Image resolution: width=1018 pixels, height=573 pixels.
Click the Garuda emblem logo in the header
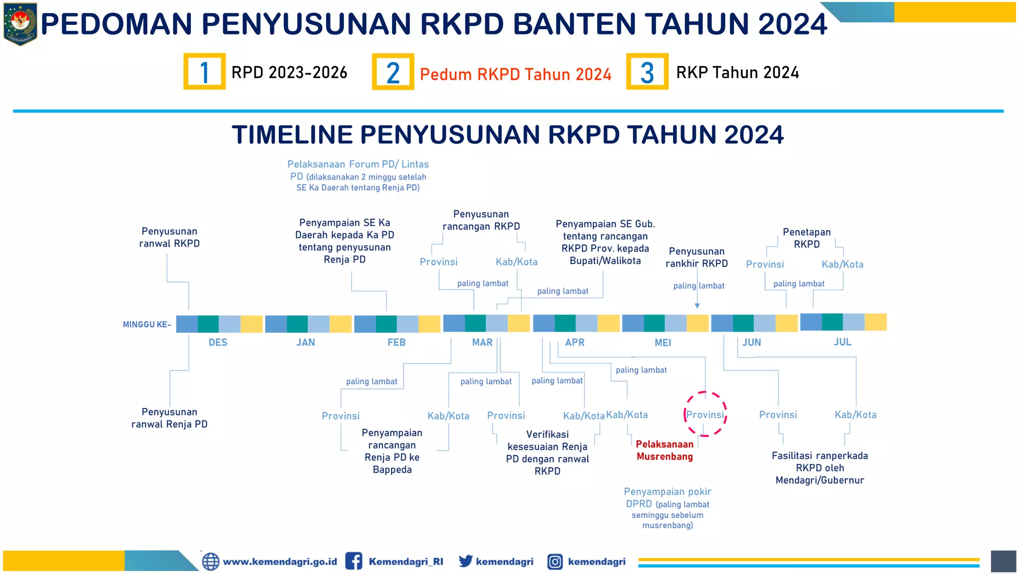click(x=20, y=23)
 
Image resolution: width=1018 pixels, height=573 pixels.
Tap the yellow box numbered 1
click(x=204, y=72)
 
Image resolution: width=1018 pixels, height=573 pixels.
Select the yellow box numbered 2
click(x=393, y=72)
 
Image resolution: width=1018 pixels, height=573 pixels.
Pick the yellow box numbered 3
click(x=647, y=72)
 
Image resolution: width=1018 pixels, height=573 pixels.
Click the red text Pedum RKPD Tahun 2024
click(x=515, y=74)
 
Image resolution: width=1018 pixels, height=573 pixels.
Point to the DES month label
click(x=218, y=342)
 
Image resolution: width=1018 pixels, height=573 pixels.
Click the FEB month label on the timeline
click(x=397, y=342)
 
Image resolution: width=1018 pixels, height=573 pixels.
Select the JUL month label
click(x=843, y=342)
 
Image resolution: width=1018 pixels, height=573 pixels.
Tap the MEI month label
click(x=663, y=343)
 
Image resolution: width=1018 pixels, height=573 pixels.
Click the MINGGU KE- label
click(x=147, y=324)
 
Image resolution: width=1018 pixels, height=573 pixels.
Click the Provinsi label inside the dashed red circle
click(x=705, y=415)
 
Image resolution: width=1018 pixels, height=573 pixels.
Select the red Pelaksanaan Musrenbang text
click(x=665, y=450)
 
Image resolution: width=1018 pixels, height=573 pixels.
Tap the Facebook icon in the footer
click(x=353, y=561)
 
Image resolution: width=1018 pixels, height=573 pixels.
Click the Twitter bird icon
click(x=465, y=561)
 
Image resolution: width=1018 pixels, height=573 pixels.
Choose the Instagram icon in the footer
click(x=555, y=562)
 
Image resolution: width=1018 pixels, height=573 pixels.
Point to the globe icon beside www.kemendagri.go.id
click(x=210, y=562)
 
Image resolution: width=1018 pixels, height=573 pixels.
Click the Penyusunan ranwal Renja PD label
click(x=170, y=418)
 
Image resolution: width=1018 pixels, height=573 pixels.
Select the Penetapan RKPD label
click(x=806, y=238)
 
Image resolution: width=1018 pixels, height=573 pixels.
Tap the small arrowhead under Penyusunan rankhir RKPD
click(x=697, y=306)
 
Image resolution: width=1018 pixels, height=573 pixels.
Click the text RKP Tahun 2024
click(x=738, y=73)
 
